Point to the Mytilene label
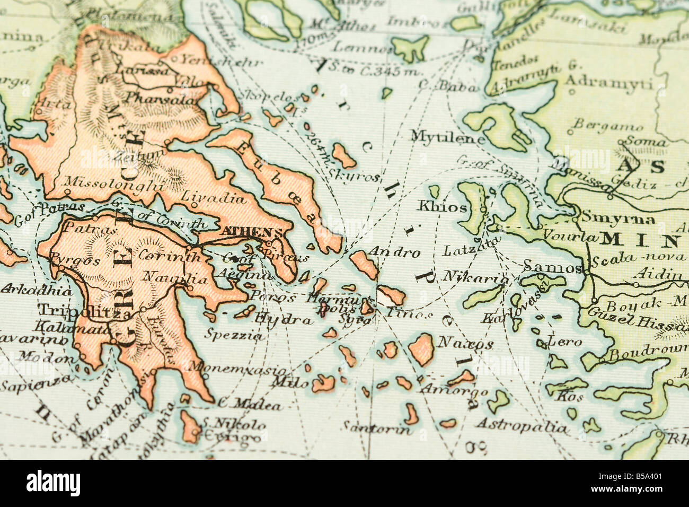[x=448, y=137]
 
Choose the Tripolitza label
[x=77, y=312]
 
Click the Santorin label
[x=377, y=427]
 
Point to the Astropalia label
[x=521, y=425]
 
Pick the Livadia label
[x=214, y=198]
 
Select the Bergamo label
[x=608, y=126]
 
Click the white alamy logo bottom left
[x=53, y=483]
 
